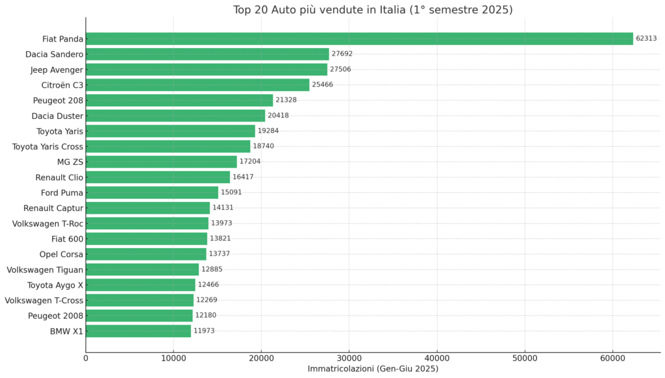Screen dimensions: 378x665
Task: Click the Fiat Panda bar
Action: coord(359,39)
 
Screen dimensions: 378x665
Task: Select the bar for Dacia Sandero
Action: coord(207,54)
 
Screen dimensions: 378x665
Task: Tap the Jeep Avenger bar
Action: coord(207,69)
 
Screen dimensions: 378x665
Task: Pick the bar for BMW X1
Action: coord(138,331)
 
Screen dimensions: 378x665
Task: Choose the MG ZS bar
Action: coord(161,162)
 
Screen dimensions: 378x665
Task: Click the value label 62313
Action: coord(647,39)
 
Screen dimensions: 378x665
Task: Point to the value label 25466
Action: coord(322,85)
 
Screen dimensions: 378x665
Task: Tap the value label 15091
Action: coord(231,192)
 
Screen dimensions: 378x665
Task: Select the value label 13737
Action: coord(220,254)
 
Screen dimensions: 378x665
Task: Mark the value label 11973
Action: coord(204,331)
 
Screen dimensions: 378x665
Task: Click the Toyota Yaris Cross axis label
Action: coord(47,147)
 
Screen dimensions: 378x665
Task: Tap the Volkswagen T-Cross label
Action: coord(44,300)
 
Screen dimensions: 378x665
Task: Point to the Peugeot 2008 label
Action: coord(55,316)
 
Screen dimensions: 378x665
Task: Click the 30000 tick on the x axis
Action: coord(349,358)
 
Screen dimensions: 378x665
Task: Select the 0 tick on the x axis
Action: coord(86,358)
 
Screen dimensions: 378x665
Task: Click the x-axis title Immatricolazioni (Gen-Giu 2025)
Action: coord(373,369)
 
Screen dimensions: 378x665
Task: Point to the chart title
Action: coord(373,10)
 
